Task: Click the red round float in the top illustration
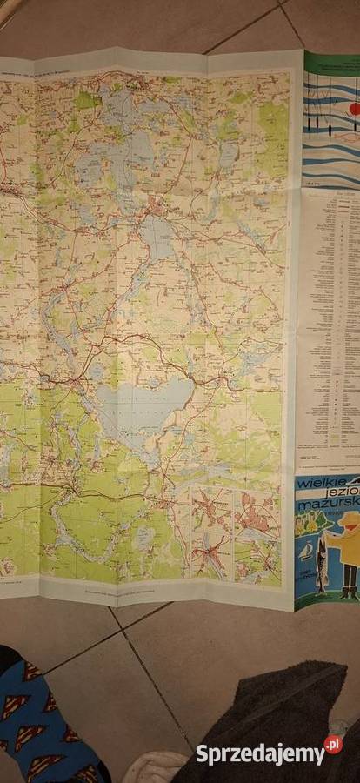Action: pos(354,109)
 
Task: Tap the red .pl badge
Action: pos(332,745)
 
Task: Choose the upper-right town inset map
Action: pos(257,513)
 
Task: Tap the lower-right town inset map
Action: pos(257,557)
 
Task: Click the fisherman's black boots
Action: pos(348,592)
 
